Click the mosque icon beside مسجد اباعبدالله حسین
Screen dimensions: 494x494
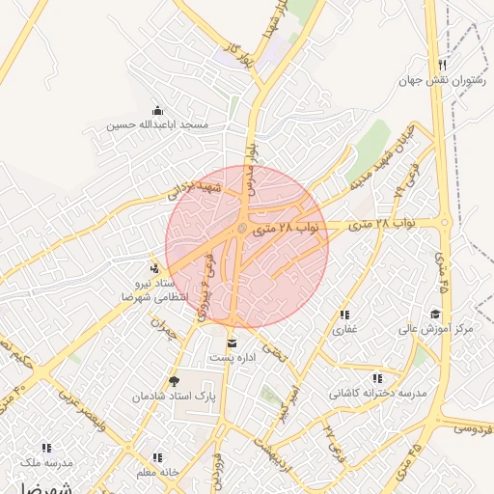click(x=158, y=111)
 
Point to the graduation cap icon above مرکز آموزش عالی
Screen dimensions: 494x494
click(x=436, y=315)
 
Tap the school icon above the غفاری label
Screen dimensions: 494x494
click(x=343, y=315)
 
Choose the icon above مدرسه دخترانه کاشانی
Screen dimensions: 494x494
click(x=376, y=378)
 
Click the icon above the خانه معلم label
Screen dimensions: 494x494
click(x=156, y=457)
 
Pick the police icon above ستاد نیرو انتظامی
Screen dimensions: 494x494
click(x=153, y=267)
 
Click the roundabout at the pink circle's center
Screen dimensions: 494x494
click(x=241, y=229)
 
